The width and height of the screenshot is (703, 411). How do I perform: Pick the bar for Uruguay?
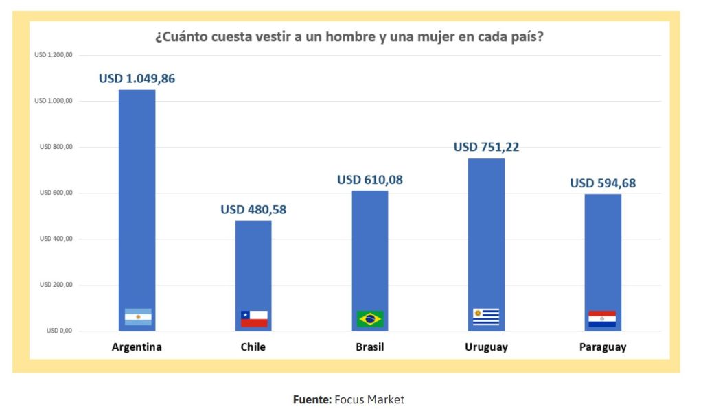point(486,233)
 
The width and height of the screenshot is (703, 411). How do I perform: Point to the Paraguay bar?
point(602,254)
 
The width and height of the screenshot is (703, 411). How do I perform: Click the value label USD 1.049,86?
point(137,78)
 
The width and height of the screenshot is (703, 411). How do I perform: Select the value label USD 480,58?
point(253,210)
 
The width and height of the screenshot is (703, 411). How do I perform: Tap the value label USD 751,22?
point(486,148)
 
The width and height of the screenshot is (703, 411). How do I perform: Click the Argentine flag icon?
point(138,317)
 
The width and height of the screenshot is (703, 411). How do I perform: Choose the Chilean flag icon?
point(254,318)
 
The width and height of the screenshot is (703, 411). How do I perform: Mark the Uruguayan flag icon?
point(486,317)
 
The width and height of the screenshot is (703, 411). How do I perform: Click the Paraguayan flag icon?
point(602,318)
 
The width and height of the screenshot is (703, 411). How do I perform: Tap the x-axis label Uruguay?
point(486,347)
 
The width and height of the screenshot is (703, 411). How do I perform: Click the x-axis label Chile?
point(253,347)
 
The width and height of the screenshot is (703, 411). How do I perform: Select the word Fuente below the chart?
point(312,399)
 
